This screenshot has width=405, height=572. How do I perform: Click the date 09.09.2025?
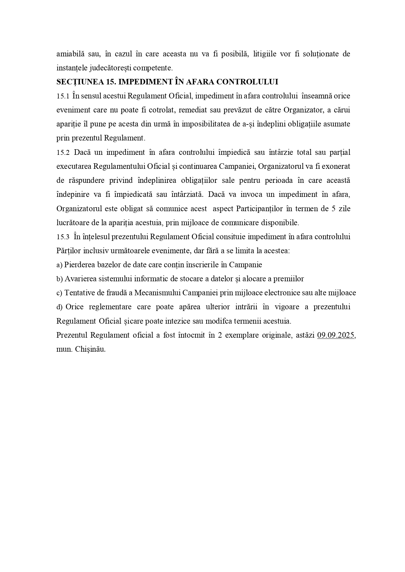tap(336, 335)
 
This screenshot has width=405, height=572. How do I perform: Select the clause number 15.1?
tap(63, 96)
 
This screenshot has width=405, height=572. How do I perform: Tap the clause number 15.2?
tap(63, 153)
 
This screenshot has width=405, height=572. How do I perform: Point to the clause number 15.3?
tap(63, 237)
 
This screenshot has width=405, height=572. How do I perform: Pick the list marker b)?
tap(59, 279)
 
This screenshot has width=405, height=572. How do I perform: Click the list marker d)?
tap(59, 307)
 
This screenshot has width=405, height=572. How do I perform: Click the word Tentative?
tap(79, 293)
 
